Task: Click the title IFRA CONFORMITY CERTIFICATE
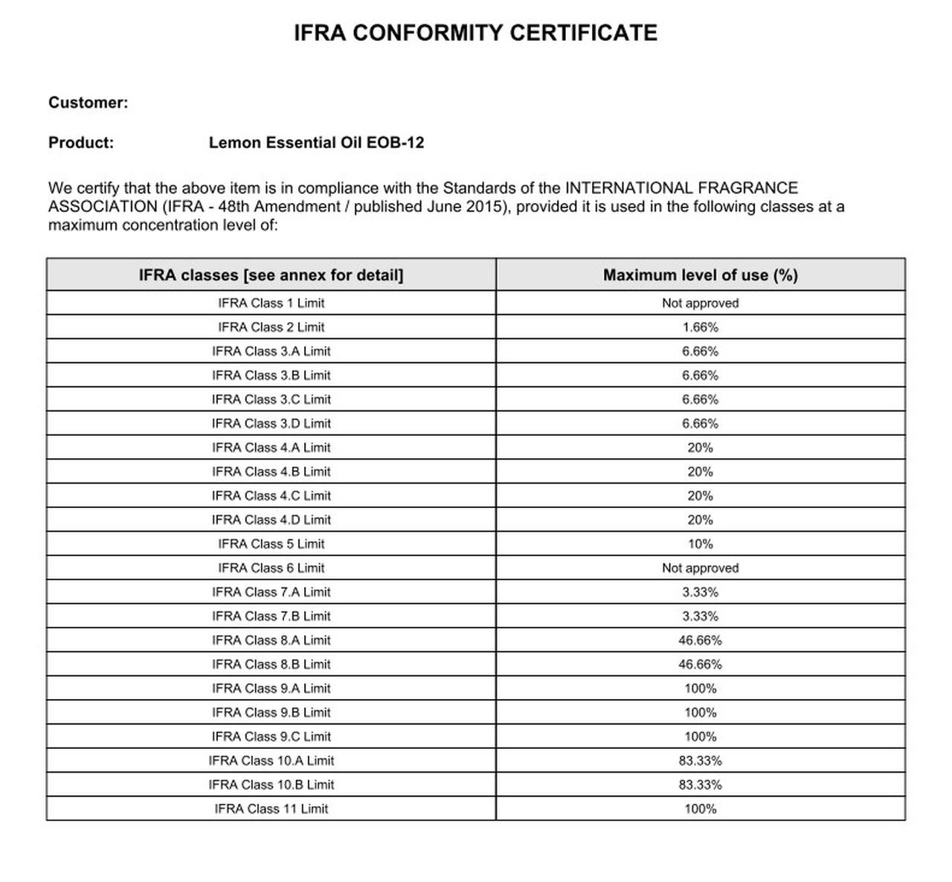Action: coord(475,33)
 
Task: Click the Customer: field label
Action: coord(88,103)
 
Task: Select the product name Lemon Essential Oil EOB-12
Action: coord(316,143)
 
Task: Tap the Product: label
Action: coord(81,143)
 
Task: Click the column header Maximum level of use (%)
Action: coord(700,275)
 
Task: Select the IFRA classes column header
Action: coord(271,275)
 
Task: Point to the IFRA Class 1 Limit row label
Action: coord(271,303)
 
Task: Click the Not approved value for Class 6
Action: coord(700,568)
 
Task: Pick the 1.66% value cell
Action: coord(700,327)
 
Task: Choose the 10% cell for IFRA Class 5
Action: coord(700,544)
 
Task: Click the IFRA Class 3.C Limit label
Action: coord(271,399)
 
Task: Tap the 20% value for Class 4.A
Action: coord(700,448)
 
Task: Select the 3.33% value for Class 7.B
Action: coord(700,617)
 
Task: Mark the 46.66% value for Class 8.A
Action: coord(700,640)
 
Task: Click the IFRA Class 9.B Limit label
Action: coord(271,712)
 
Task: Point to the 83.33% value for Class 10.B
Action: coord(700,785)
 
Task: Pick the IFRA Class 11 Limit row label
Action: coord(271,809)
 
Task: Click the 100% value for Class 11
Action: coord(700,809)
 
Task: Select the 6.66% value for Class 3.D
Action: coord(700,424)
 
